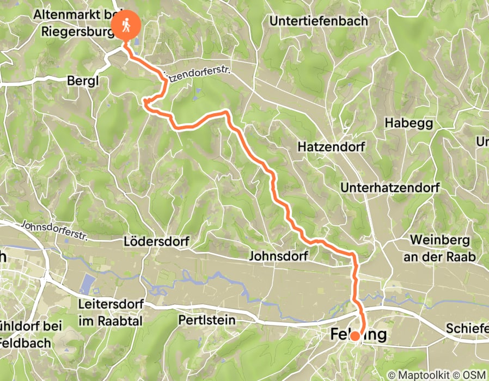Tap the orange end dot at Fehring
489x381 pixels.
coord(354,336)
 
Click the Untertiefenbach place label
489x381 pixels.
coord(319,21)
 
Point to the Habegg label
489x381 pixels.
coord(408,122)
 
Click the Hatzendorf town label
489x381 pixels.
coord(331,147)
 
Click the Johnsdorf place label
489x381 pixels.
coord(279,255)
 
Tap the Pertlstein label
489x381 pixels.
coord(207,320)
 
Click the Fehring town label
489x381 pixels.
coord(359,334)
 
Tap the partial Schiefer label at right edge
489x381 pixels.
coord(466,329)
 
